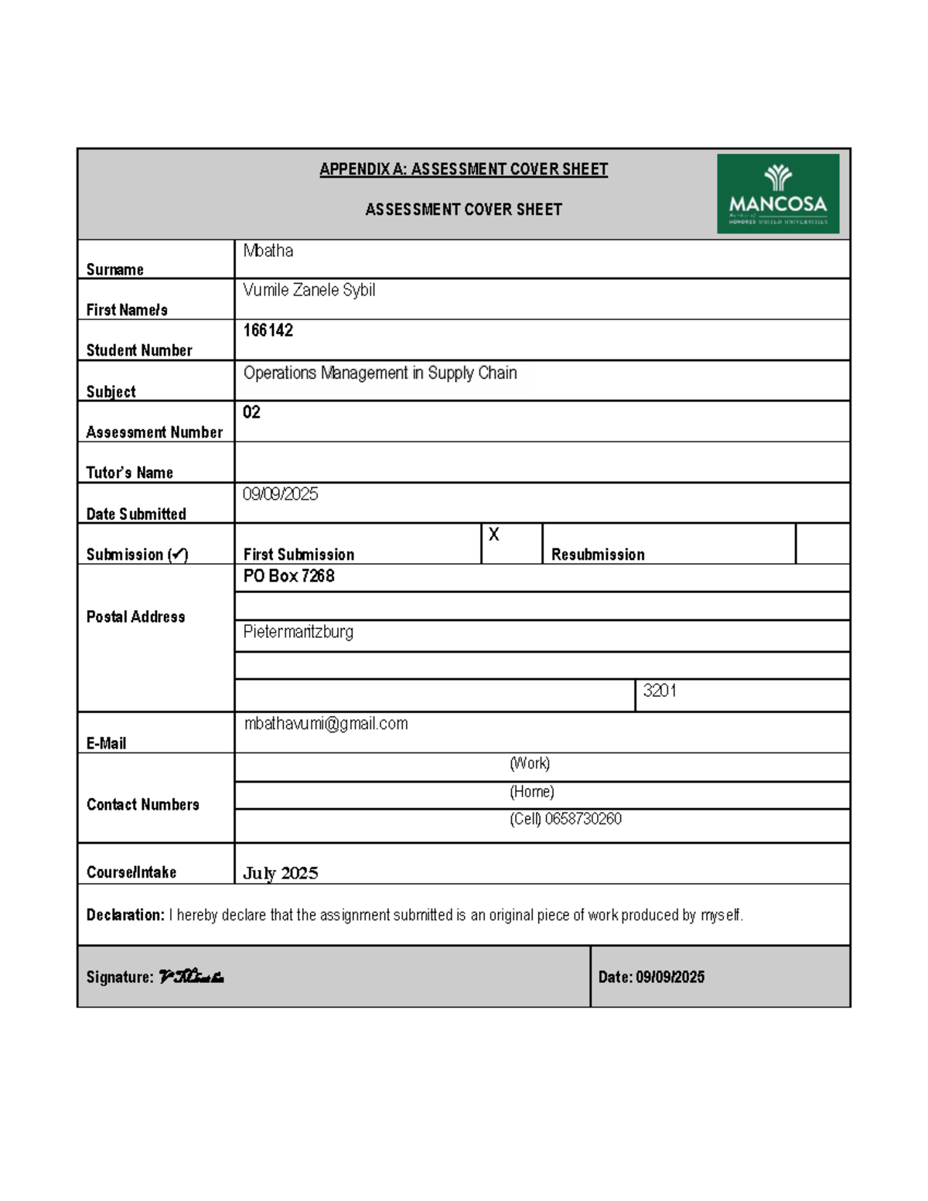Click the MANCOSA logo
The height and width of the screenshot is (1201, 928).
(777, 193)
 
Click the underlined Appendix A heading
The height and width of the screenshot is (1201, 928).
(463, 169)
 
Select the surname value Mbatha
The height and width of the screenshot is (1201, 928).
(268, 251)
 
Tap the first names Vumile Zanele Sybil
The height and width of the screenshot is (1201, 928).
(309, 290)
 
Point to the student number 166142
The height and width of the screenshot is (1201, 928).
(268, 330)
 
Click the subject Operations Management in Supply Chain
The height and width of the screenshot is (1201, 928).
(380, 373)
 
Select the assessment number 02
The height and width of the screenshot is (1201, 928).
(251, 412)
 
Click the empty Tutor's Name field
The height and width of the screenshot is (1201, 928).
(541, 462)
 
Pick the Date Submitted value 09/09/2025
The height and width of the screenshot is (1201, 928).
(280, 494)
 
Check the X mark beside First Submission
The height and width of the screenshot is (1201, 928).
(494, 535)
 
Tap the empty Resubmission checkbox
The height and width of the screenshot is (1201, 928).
(822, 543)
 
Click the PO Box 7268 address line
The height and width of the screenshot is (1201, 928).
(288, 576)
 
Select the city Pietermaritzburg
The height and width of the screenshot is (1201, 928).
(298, 632)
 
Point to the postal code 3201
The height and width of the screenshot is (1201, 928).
(660, 691)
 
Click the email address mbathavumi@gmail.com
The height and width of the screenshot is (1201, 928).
(326, 724)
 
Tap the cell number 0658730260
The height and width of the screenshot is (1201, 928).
(582, 819)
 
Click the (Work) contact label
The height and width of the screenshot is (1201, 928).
(530, 764)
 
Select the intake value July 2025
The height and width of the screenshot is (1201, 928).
(280, 873)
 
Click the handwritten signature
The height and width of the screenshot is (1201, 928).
(191, 977)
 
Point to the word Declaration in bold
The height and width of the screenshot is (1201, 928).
(125, 915)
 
